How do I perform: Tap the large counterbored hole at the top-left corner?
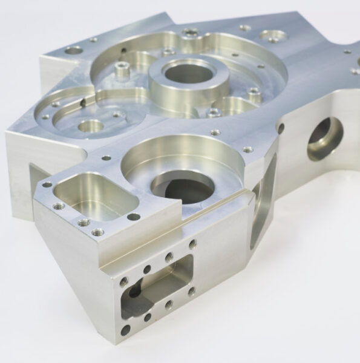click(x=73, y=50)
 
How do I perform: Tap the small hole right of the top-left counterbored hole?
click(x=93, y=40)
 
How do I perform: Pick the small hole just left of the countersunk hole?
click(x=244, y=27)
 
